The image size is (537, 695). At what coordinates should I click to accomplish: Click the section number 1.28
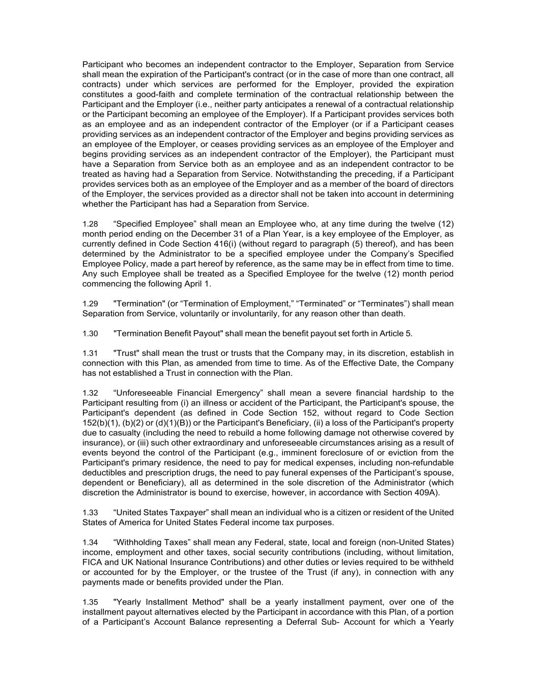pyautogui.click(x=90, y=224)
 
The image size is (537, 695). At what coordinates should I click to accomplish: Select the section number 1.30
pyautogui.click(x=90, y=333)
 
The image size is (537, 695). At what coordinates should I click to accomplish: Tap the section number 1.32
pyautogui.click(x=90, y=393)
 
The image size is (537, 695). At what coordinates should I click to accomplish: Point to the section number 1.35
pyautogui.click(x=90, y=602)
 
